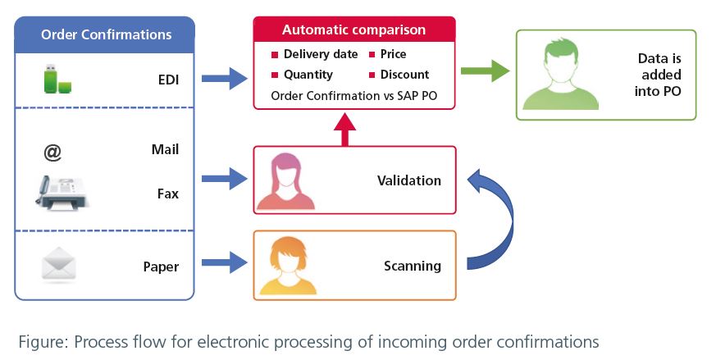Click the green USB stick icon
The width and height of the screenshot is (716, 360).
pyautogui.click(x=57, y=79)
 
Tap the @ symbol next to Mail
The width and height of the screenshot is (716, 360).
pyautogui.click(x=52, y=153)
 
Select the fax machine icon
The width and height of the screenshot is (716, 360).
pyautogui.click(x=62, y=193)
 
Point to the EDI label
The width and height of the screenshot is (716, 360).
pyautogui.click(x=168, y=80)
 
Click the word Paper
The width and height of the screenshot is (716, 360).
pyautogui.click(x=161, y=267)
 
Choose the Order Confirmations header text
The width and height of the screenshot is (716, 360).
pyautogui.click(x=107, y=34)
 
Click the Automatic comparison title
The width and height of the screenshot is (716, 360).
pyautogui.click(x=353, y=30)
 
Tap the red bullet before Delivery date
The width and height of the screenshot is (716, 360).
pyautogui.click(x=275, y=55)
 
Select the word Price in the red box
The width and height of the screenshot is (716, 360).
pyautogui.click(x=393, y=54)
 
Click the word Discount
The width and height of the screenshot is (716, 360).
pyautogui.click(x=404, y=75)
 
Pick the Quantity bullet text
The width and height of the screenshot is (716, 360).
pyautogui.click(x=308, y=75)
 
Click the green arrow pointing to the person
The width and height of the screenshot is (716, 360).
pyautogui.click(x=485, y=71)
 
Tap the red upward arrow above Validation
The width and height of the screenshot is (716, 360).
pyautogui.click(x=345, y=130)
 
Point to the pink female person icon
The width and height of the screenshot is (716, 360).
pyautogui.click(x=285, y=181)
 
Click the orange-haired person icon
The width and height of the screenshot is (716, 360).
pyautogui.click(x=288, y=266)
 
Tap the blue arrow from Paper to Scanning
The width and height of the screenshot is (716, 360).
pyautogui.click(x=224, y=262)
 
